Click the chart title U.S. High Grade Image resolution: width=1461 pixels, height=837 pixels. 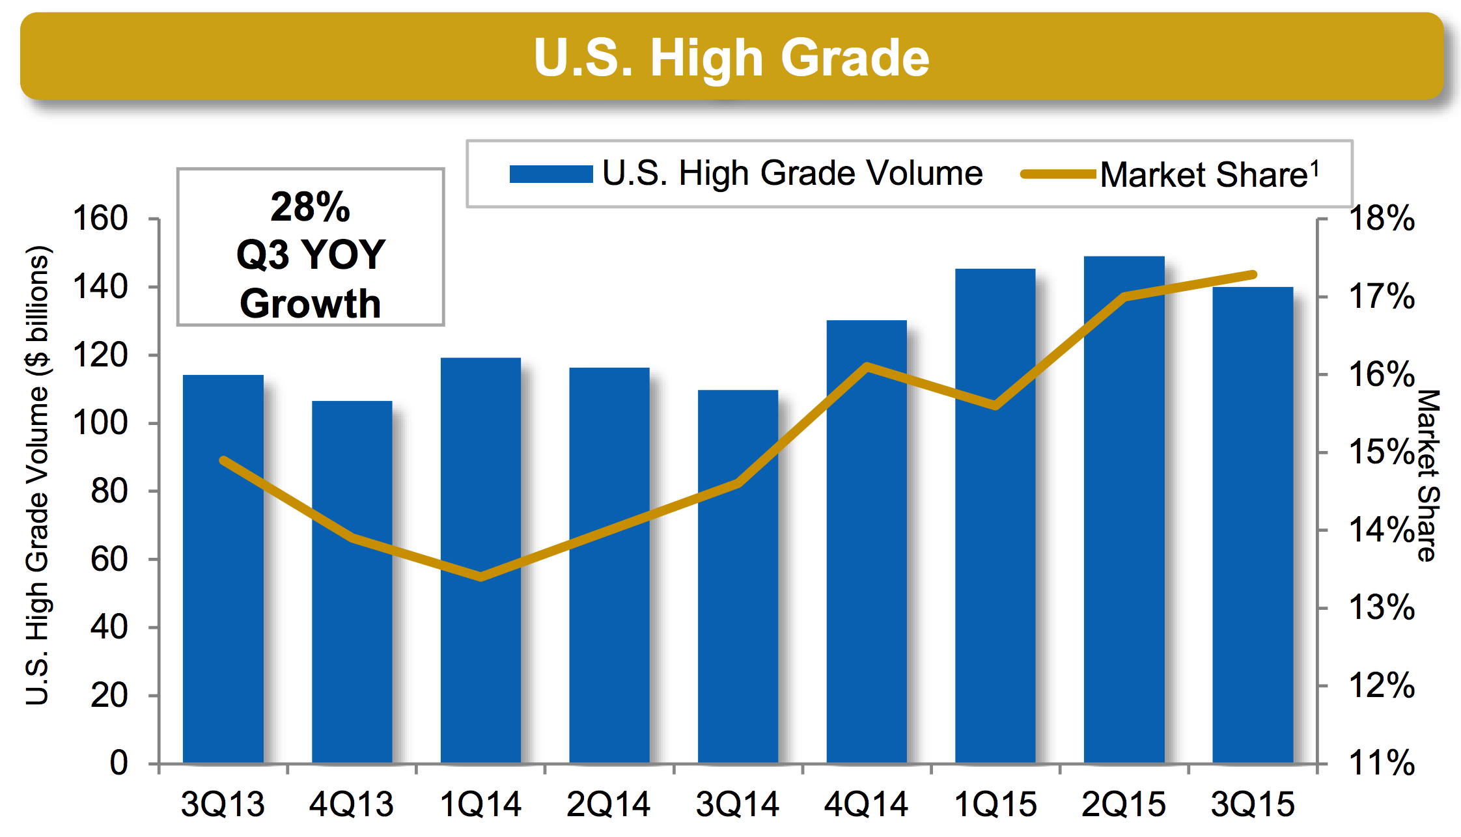(x=731, y=57)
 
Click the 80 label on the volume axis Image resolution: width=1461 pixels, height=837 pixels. (x=109, y=491)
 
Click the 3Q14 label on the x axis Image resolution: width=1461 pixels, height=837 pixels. (x=738, y=804)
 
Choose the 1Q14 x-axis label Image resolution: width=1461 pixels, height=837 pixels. (x=480, y=804)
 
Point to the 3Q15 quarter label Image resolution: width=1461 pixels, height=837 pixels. (x=1253, y=804)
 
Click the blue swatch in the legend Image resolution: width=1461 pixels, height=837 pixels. (x=551, y=174)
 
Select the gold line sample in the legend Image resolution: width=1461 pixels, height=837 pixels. (x=1059, y=174)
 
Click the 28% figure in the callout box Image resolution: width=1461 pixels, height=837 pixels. (x=311, y=208)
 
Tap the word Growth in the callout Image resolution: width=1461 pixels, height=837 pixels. (x=311, y=303)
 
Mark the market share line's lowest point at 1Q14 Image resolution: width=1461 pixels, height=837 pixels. (x=481, y=576)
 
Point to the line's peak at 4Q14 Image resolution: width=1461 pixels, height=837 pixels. (x=867, y=366)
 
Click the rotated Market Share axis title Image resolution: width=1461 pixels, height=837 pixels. (x=1427, y=475)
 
